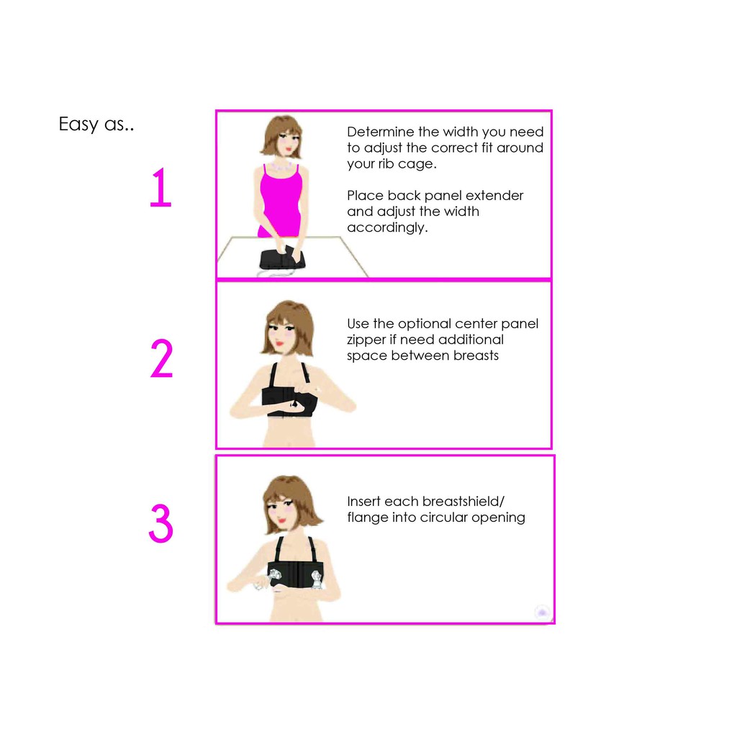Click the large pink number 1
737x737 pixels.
coord(161,188)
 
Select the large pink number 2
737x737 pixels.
coord(162,358)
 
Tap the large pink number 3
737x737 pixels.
coord(161,523)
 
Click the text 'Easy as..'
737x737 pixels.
coord(96,125)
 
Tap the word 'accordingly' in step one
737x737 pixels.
coord(386,228)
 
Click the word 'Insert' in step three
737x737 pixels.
coord(363,502)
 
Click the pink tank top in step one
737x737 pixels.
coord(281,202)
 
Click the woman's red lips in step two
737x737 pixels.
coord(280,343)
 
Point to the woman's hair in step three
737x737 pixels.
coord(291,498)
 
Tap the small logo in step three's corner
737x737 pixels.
coord(543,612)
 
